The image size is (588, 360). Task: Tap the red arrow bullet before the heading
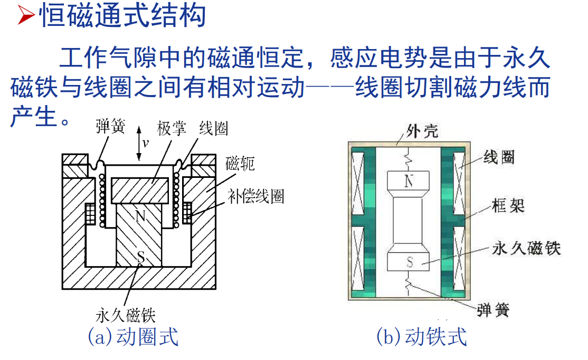pyautogui.click(x=25, y=17)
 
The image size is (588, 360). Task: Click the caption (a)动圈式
pyautogui.click(x=133, y=336)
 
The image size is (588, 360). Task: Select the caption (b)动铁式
pyautogui.click(x=422, y=336)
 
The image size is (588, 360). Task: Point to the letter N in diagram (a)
pyautogui.click(x=140, y=215)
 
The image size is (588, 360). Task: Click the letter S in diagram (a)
pyautogui.click(x=140, y=257)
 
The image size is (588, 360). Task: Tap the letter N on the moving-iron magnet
pyautogui.click(x=409, y=182)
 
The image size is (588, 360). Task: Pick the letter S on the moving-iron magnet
pyautogui.click(x=409, y=261)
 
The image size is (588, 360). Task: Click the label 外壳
pyautogui.click(x=422, y=130)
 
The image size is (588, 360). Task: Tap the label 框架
pyautogui.click(x=508, y=205)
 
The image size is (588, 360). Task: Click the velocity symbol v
pyautogui.click(x=146, y=143)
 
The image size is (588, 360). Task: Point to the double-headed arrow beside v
pyautogui.click(x=138, y=143)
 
